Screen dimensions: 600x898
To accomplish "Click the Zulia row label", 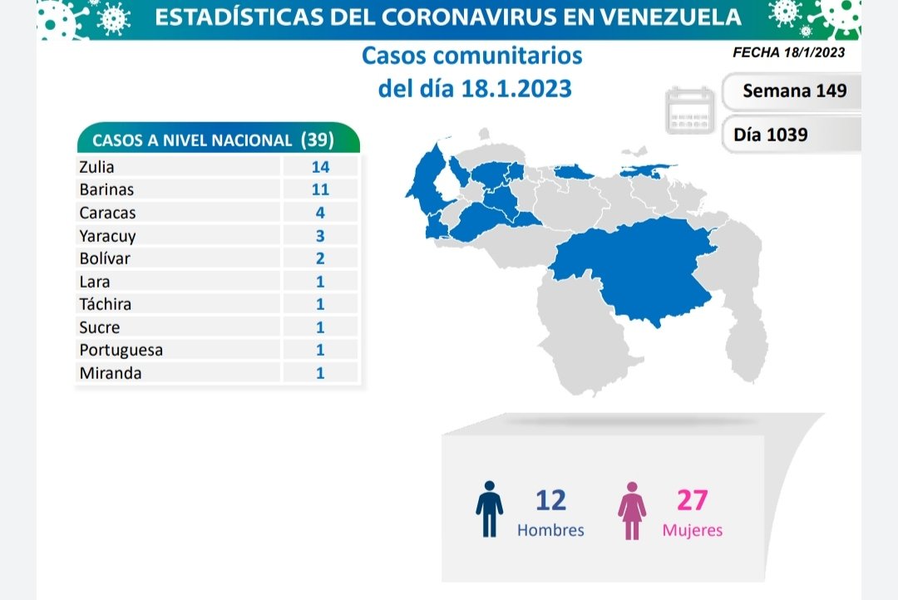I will click(x=96, y=167).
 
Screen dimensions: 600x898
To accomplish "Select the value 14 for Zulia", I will click(x=320, y=167).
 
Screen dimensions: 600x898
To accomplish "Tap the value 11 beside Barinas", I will click(x=320, y=189).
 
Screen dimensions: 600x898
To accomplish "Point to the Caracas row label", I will click(x=107, y=213).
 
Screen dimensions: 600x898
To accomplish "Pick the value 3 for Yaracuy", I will click(x=320, y=235).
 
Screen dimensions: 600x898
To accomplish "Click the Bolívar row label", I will click(x=105, y=258).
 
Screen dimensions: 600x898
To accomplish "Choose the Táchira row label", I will click(x=106, y=304).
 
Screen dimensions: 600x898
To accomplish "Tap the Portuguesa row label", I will click(x=121, y=350).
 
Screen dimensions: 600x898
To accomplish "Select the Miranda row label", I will click(x=111, y=373).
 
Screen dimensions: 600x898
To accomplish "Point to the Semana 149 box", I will click(x=794, y=91).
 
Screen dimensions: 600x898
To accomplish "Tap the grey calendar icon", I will click(x=690, y=110).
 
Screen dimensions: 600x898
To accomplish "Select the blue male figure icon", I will click(x=489, y=509).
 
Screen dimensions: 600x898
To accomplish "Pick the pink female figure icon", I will click(x=632, y=509).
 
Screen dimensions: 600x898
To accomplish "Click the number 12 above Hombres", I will click(x=550, y=500).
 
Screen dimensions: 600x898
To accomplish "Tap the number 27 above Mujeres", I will click(x=692, y=500).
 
